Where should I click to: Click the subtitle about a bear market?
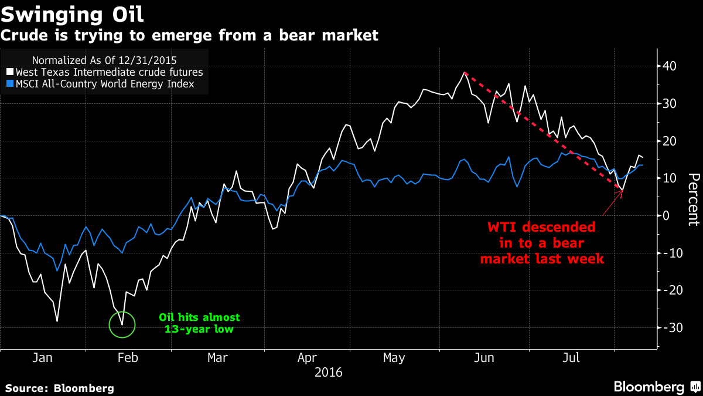[189, 36]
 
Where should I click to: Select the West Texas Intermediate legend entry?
[106, 72]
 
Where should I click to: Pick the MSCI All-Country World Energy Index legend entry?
[101, 84]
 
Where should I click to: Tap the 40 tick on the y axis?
[671, 66]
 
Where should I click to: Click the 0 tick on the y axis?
[667, 215]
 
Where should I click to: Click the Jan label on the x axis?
[43, 358]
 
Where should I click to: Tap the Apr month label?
[308, 358]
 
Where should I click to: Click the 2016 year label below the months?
[329, 372]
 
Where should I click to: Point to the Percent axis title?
[694, 199]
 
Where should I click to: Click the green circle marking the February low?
[122, 324]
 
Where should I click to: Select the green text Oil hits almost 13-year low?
[199, 323]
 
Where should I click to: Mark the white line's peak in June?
[464, 72]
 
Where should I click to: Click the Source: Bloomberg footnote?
[60, 388]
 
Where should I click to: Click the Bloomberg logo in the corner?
[656, 387]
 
